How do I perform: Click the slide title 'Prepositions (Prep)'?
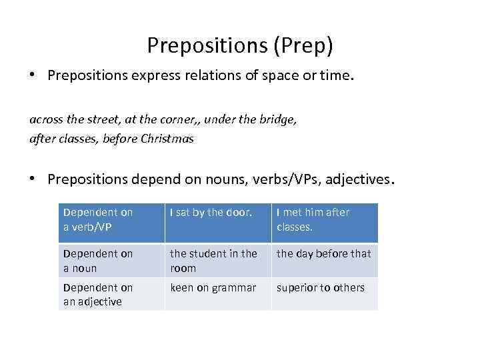[240, 45]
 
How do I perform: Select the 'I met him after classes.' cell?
[313, 219]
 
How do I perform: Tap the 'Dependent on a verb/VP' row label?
[98, 219]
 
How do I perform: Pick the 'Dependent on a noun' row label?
[98, 261]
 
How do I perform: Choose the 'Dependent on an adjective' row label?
[98, 294]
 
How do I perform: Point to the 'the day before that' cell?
[323, 253]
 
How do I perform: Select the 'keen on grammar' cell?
[213, 287]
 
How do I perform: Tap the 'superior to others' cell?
[321, 287]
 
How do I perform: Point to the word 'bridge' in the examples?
[280, 120]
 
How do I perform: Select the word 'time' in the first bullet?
[335, 76]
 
